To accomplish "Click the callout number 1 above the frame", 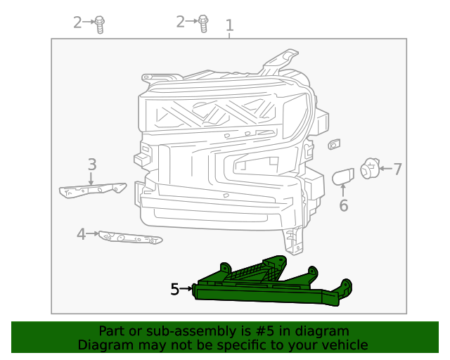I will (x=229, y=26).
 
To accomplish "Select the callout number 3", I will (x=92, y=165).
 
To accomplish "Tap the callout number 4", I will (x=82, y=234).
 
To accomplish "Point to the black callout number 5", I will (x=175, y=288).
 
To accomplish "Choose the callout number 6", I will (x=343, y=205).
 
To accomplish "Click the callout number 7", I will (x=397, y=169).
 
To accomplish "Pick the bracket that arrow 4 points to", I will (x=130, y=239).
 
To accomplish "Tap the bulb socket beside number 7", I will (x=368, y=169).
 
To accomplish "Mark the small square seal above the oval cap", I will (x=334, y=145).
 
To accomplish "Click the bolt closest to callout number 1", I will (x=203, y=23).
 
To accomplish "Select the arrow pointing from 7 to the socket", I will (x=384, y=169).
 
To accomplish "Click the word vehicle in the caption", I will (x=344, y=345).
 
